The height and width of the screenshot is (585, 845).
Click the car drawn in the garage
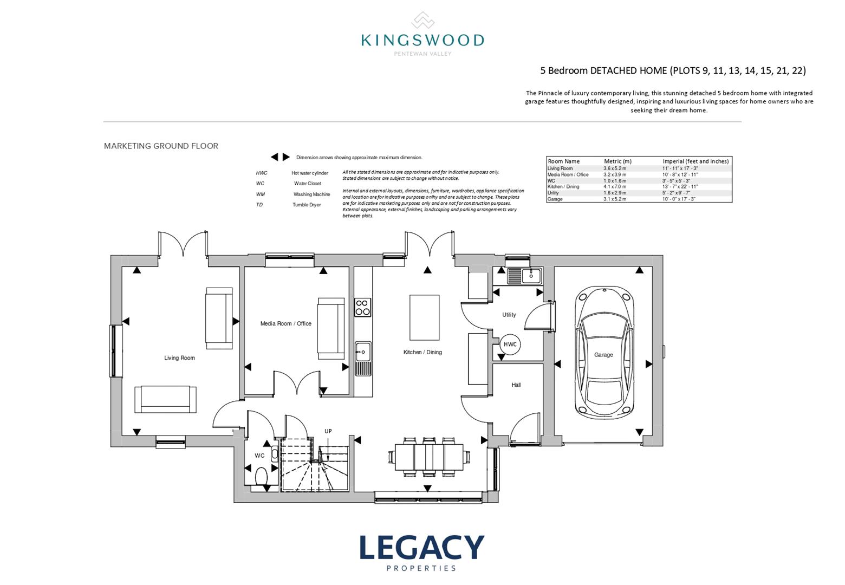[x=603, y=354]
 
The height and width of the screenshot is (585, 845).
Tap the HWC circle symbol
[x=510, y=344]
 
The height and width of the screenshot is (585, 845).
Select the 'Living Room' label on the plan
[x=179, y=358]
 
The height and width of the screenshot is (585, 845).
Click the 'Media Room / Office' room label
[x=285, y=324]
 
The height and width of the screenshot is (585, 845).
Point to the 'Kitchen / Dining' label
[x=422, y=352]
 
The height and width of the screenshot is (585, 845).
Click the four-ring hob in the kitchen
[x=362, y=308]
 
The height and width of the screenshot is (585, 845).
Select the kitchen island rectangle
[x=424, y=317]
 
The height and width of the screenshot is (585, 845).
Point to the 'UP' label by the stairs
[x=328, y=431]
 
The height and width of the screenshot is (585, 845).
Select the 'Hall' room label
[x=516, y=385]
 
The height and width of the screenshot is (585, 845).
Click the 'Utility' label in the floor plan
[x=509, y=315]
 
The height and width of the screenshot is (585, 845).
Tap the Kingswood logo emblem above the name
[x=422, y=21]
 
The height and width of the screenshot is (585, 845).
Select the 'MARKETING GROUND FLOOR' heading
[x=161, y=146]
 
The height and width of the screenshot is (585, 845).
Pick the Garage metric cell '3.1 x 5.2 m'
[x=614, y=199]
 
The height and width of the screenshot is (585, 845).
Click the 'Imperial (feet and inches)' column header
[x=695, y=161]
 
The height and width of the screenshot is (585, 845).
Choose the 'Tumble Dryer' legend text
[x=307, y=205]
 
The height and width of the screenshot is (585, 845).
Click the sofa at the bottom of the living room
[x=166, y=400]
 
